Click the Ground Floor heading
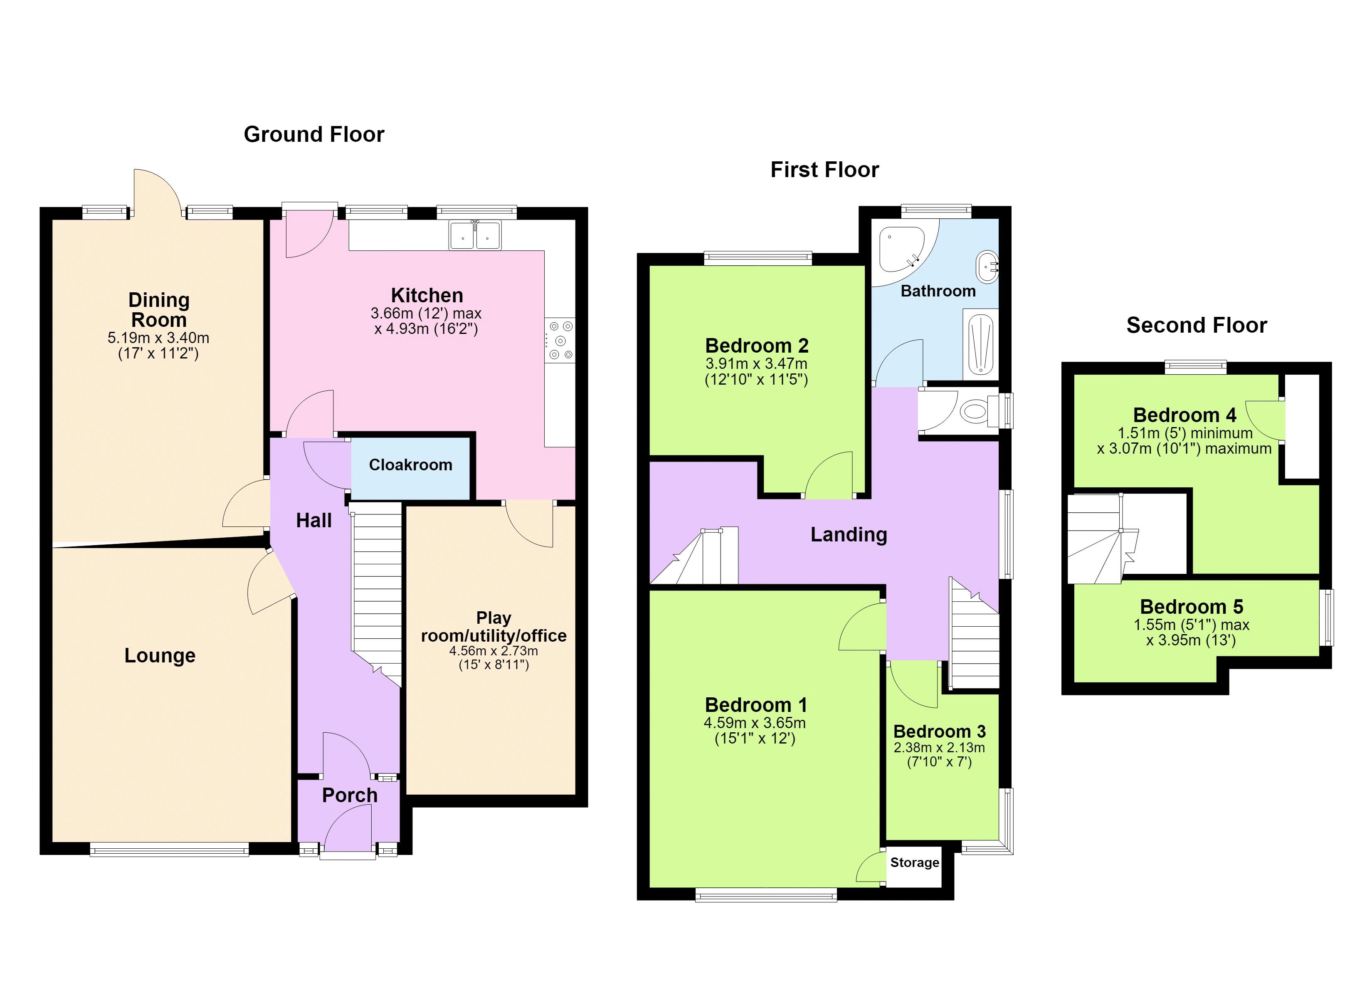(x=314, y=134)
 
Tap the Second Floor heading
(x=1197, y=326)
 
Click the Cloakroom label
(x=411, y=465)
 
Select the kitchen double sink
(x=475, y=235)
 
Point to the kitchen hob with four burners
(x=560, y=341)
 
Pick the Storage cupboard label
(x=915, y=862)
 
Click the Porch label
(x=350, y=795)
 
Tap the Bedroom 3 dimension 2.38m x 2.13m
(x=940, y=747)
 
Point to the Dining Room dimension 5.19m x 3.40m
(x=158, y=338)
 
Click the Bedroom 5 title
(x=1192, y=606)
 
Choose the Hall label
(x=314, y=521)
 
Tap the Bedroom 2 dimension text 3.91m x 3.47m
(x=756, y=364)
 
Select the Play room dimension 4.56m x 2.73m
(x=494, y=651)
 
